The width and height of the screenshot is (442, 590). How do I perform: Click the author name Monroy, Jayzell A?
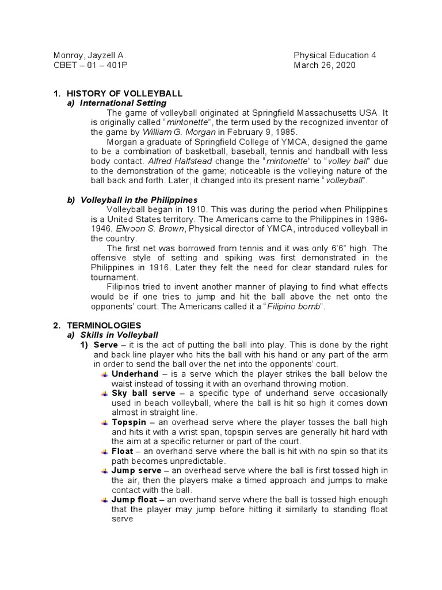click(89, 55)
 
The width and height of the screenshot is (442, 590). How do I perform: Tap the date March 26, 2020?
click(325, 65)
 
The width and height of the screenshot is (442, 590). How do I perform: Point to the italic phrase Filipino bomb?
click(294, 306)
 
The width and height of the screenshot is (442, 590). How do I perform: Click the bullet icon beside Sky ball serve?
click(104, 394)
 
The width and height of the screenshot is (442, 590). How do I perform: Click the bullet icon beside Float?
click(104, 451)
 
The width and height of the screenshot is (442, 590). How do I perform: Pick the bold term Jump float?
click(135, 500)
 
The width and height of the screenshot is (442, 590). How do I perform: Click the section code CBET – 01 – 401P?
click(90, 65)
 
